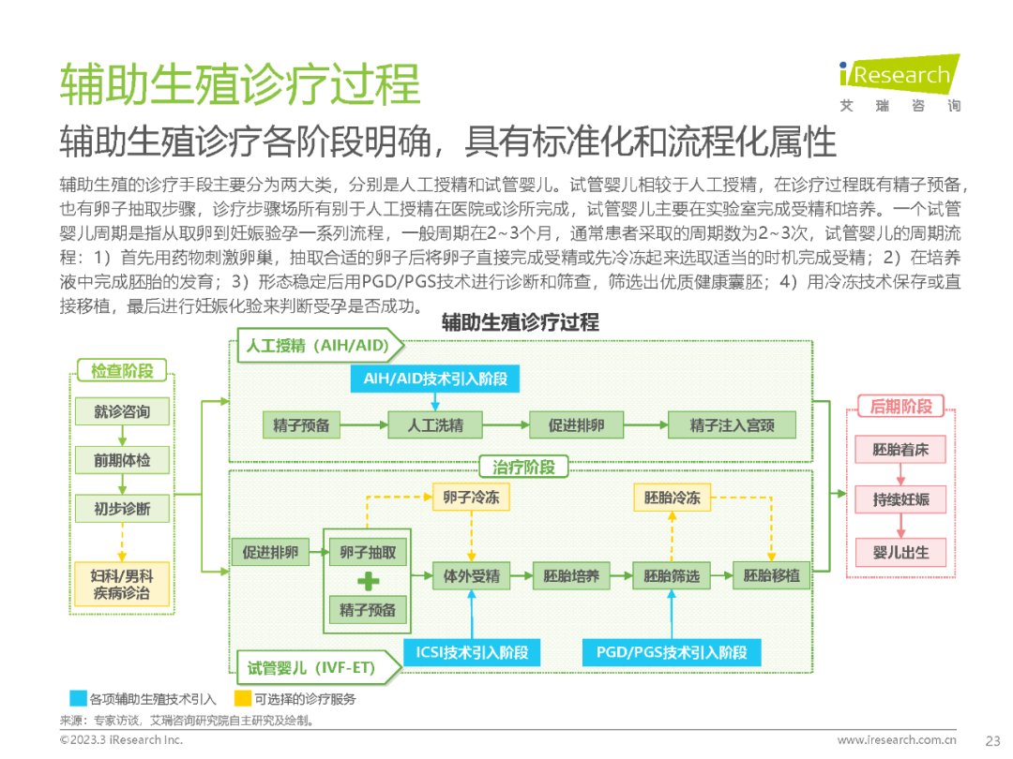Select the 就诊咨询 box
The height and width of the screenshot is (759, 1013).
click(x=122, y=411)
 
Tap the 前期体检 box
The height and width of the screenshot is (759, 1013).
click(x=122, y=460)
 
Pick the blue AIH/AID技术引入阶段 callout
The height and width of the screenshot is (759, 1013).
click(x=435, y=378)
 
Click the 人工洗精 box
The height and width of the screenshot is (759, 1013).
click(x=435, y=425)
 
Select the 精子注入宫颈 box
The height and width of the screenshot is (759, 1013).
click(x=732, y=425)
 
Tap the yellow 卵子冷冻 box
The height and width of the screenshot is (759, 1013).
click(x=471, y=499)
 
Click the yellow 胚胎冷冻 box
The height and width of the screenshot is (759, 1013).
click(x=673, y=499)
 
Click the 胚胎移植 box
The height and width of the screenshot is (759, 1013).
click(x=772, y=575)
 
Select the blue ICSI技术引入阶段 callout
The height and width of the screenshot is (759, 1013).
click(x=472, y=653)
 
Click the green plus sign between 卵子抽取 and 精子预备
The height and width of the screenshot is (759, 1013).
click(x=368, y=581)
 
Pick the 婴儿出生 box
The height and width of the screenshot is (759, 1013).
click(x=900, y=552)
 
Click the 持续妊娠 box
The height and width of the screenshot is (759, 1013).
click(x=900, y=499)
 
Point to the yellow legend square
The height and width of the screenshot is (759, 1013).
click(x=243, y=698)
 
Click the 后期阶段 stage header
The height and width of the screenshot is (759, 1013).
click(x=900, y=407)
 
